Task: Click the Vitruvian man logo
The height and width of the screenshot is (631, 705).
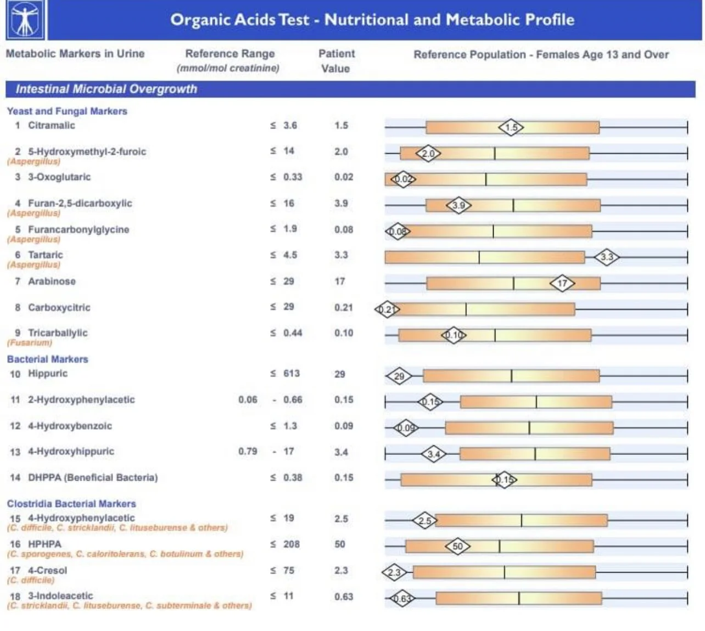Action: (25, 20)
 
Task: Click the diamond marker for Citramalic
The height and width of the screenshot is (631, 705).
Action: (511, 127)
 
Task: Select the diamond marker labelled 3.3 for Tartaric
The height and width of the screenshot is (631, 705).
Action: (606, 257)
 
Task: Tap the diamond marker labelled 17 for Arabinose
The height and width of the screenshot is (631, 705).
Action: (562, 283)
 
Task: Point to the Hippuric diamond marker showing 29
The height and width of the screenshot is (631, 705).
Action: (399, 376)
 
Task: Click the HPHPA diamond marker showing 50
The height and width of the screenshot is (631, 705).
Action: (457, 546)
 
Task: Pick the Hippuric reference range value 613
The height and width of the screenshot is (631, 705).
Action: (291, 374)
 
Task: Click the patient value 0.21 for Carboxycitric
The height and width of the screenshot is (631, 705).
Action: (343, 307)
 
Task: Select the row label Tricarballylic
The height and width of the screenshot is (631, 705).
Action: (58, 333)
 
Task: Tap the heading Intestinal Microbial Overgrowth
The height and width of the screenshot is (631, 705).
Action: (106, 89)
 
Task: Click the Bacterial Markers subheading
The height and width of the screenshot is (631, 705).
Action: (48, 359)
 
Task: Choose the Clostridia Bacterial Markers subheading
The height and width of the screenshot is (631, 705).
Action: (71, 504)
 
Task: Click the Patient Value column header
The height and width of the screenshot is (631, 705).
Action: (336, 61)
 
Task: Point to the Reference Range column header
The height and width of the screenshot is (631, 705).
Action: (230, 54)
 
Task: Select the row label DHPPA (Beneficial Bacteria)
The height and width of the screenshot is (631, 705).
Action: (92, 477)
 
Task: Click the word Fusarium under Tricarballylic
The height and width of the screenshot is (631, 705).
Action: (30, 343)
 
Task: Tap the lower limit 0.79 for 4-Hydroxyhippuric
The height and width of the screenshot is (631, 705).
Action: (248, 452)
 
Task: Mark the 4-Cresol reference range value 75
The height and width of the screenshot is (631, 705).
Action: (289, 570)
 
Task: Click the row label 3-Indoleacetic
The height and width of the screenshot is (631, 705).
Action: (60, 596)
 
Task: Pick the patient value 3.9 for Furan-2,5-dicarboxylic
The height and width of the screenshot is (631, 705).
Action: (341, 204)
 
